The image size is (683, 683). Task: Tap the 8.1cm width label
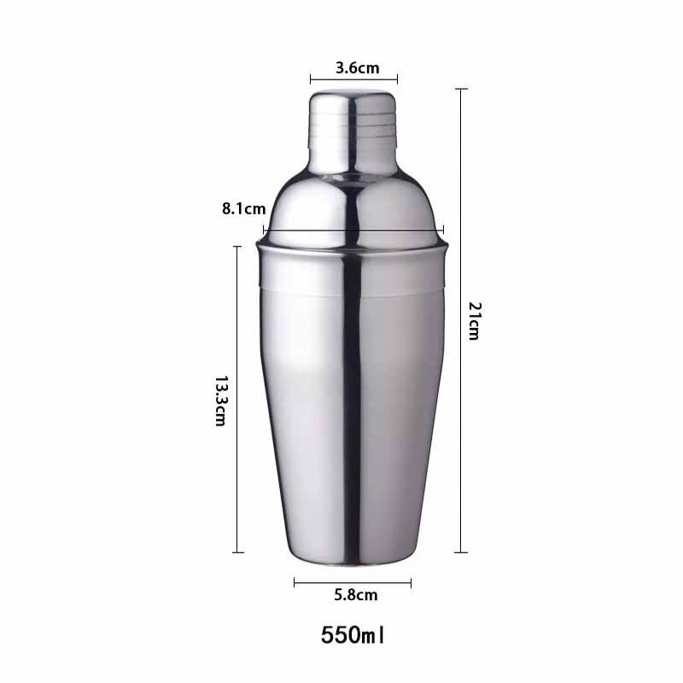point(243,207)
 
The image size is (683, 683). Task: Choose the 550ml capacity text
point(353,636)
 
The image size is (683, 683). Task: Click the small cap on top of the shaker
point(353,120)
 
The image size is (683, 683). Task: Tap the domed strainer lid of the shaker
point(353,205)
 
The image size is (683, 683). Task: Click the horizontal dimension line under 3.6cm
point(353,82)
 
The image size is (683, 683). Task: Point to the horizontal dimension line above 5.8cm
point(353,583)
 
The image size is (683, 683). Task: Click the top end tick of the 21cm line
point(461,89)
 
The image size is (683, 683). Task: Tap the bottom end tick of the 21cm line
point(461,552)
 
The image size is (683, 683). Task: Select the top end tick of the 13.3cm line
point(238,247)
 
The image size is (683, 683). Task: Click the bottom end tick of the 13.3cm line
point(238,552)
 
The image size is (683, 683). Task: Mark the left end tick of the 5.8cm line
point(295,583)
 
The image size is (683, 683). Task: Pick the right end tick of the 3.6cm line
point(397,82)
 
